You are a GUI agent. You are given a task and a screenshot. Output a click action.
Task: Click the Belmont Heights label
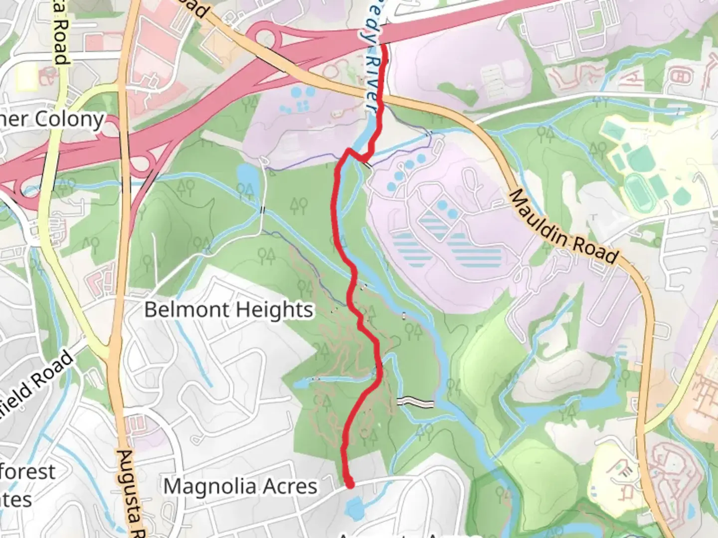229,310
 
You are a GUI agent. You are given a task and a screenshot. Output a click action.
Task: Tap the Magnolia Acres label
240,486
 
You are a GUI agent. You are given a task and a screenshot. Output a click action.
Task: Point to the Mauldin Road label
563,226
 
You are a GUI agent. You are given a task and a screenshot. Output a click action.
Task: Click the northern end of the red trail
384,46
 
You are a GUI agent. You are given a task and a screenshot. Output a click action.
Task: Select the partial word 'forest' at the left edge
27,472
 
